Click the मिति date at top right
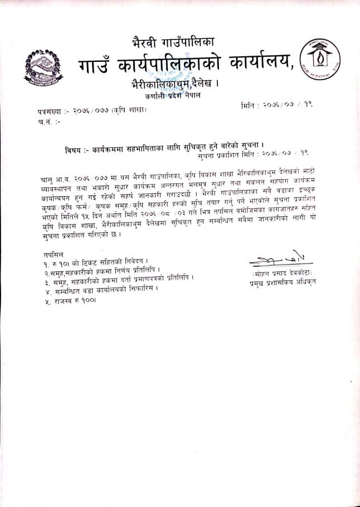click(279, 104)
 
